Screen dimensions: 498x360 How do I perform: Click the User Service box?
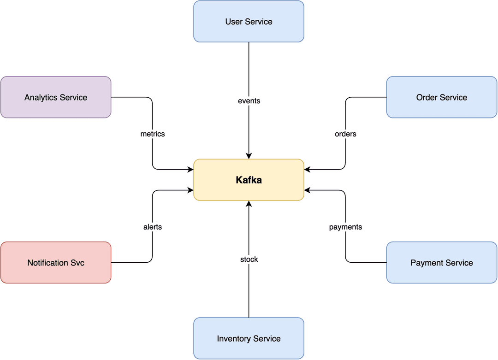click(x=249, y=21)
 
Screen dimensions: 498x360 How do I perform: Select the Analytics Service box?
click(x=56, y=97)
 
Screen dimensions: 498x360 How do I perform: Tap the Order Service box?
click(x=442, y=97)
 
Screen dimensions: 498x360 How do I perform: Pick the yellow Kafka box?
click(x=249, y=180)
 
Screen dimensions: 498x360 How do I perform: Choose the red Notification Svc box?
click(x=56, y=263)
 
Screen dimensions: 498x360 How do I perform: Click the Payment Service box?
click(x=442, y=263)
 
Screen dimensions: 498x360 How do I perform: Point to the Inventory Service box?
click(x=249, y=338)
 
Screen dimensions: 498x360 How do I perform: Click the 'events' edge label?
click(x=249, y=101)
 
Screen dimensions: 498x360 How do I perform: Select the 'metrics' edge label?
click(x=153, y=134)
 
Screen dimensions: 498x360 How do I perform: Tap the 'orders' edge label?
click(x=345, y=134)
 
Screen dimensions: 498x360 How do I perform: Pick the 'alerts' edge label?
click(x=153, y=227)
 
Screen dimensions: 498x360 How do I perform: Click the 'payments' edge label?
click(x=345, y=227)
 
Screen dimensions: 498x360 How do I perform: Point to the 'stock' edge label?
click(x=249, y=260)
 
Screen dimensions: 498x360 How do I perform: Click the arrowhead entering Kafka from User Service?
click(x=249, y=156)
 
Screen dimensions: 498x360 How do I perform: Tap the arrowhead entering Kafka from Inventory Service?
click(x=249, y=204)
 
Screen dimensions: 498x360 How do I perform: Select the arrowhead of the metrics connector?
click(x=190, y=170)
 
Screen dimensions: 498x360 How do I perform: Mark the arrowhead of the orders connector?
click(x=308, y=170)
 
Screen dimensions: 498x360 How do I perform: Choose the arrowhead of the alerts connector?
click(x=190, y=190)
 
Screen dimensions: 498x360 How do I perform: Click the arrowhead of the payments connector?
click(x=308, y=190)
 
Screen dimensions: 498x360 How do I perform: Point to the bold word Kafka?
click(x=249, y=180)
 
